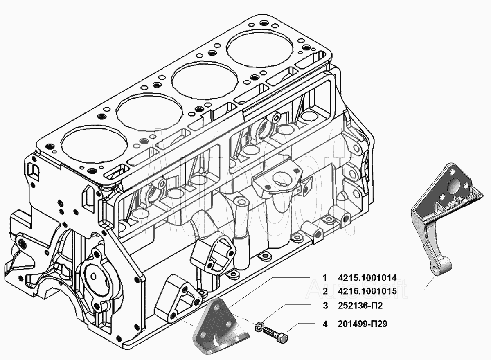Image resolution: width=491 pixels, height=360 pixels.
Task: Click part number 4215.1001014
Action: pos(367,278)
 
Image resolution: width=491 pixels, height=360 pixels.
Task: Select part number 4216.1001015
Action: pos(367,291)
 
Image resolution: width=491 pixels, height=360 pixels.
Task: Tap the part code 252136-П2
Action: pos(360,306)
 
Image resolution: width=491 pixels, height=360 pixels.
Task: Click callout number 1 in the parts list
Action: pos(325,278)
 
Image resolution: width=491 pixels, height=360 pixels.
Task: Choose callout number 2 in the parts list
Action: pos(325,291)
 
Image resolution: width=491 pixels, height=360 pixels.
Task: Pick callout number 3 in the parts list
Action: pos(325,306)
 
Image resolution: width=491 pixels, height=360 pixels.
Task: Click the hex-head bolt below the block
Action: pos(275,337)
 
